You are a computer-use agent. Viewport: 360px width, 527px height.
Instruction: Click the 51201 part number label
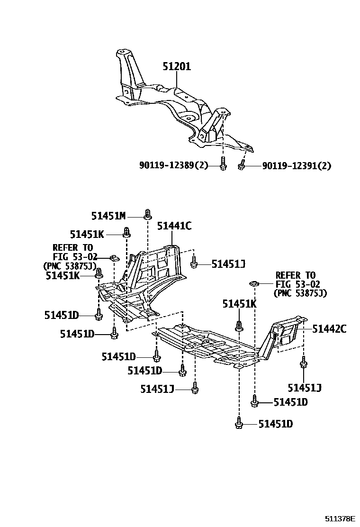pos(177,67)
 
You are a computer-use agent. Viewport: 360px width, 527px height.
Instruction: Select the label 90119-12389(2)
pos(174,166)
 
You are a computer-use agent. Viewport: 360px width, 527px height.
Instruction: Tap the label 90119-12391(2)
pos(297,166)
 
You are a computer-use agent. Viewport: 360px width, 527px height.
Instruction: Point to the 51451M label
pos(108,216)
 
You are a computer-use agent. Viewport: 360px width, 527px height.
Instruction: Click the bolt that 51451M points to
pos(147,214)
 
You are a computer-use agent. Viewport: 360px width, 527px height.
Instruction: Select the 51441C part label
pos(174,227)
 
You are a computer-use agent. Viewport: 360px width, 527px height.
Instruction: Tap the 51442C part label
pos(329,328)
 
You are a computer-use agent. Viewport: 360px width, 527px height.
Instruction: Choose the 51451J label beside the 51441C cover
pos(228,264)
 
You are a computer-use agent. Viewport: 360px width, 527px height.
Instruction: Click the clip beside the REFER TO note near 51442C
pos(253,284)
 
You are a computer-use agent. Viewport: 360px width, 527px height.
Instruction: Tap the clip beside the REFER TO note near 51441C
pos(114,257)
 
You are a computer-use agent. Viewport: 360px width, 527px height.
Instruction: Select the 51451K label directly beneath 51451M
pos(87,234)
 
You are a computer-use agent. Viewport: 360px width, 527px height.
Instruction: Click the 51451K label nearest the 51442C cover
pos(240,305)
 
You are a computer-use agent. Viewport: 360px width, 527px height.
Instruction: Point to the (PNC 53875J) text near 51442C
pos(300,293)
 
